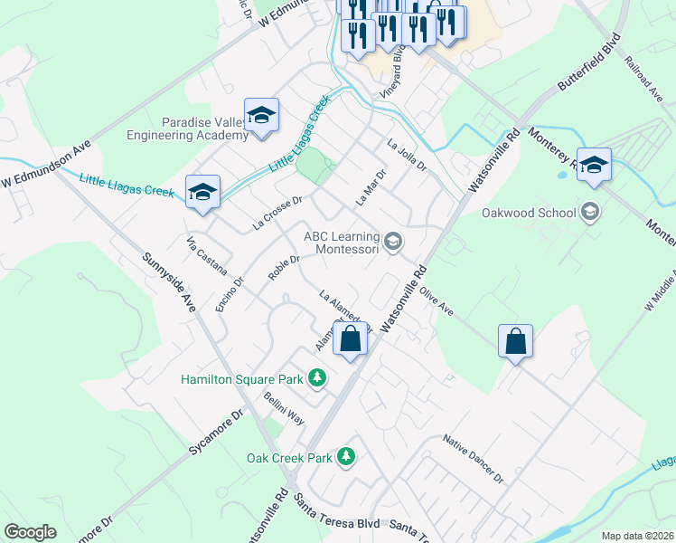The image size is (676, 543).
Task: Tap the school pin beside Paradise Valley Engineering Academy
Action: tap(261, 115)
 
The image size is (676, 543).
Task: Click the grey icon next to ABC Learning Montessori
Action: tap(392, 242)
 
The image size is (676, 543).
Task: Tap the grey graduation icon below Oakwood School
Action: tap(590, 213)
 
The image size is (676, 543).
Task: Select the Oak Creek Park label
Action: tap(289, 458)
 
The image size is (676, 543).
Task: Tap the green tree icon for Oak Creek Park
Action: tap(345, 457)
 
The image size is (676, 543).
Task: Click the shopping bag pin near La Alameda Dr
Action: tap(350, 340)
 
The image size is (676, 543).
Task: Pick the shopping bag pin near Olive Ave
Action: tap(515, 341)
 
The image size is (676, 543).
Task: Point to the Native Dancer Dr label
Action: tap(473, 459)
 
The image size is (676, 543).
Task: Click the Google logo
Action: tap(31, 532)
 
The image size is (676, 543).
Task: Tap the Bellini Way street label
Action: tap(284, 410)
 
